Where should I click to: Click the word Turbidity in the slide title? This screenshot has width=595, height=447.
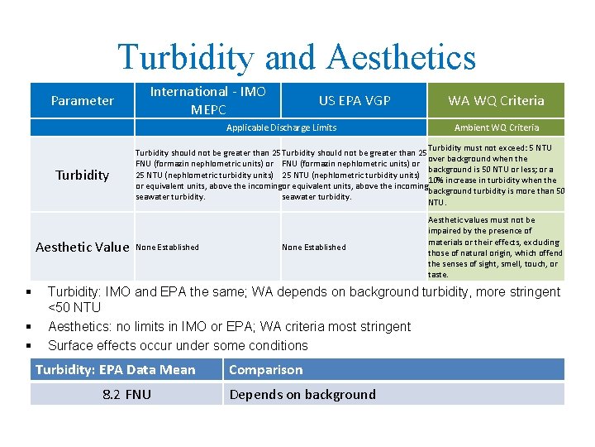[x=185, y=57]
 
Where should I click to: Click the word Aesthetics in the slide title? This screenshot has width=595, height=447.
[x=402, y=57]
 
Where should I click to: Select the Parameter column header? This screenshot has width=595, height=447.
[x=83, y=100]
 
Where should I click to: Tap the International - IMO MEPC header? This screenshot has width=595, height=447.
[x=207, y=100]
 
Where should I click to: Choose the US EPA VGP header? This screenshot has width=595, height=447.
[x=355, y=100]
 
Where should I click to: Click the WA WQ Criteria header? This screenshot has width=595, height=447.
[x=496, y=100]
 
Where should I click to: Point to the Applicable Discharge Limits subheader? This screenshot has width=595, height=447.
[x=281, y=127]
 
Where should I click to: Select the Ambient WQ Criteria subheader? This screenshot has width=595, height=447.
[x=496, y=127]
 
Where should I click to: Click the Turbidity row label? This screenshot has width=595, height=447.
[x=83, y=175]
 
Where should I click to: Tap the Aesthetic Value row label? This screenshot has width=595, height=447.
[x=83, y=247]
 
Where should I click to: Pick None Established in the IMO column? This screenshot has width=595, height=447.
[x=167, y=247]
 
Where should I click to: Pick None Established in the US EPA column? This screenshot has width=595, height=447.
[x=314, y=247]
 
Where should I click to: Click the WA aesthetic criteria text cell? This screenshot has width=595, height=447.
[x=495, y=247]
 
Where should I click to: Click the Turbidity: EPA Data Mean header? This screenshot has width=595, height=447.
[x=116, y=369]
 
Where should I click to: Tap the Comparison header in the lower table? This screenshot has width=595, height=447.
[x=266, y=369]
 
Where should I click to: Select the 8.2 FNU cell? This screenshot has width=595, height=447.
[x=126, y=394]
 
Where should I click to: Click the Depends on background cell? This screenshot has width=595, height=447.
[x=302, y=394]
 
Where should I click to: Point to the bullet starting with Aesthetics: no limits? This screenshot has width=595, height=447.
[x=229, y=327]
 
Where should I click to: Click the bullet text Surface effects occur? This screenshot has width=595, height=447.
[x=178, y=345]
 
